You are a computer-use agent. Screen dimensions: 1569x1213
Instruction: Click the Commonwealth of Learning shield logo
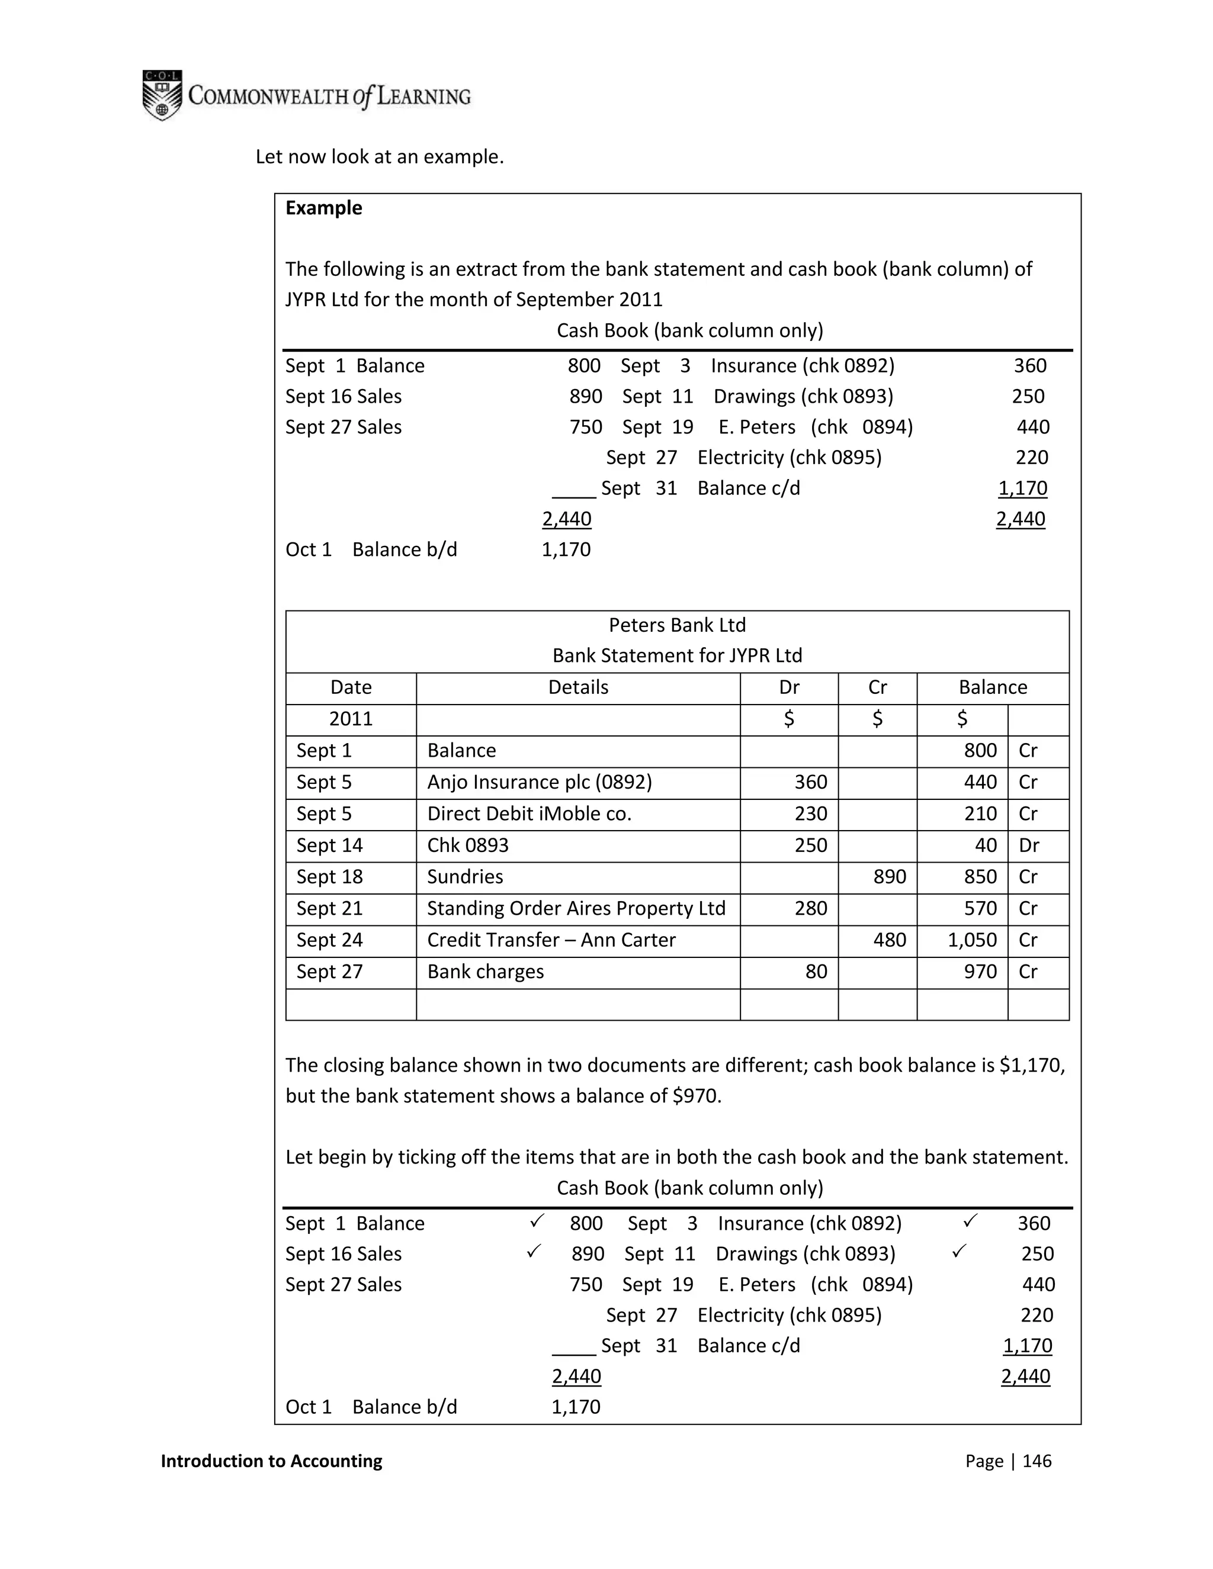tap(162, 95)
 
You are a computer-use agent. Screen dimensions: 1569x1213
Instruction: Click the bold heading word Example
tap(323, 208)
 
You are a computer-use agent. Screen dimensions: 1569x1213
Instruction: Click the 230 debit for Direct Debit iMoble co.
tap(811, 814)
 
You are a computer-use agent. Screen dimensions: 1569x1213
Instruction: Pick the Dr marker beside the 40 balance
tap(1028, 845)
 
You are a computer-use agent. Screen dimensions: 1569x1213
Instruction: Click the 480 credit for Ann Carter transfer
tap(889, 940)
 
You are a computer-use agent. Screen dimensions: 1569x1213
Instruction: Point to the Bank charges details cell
tap(485, 972)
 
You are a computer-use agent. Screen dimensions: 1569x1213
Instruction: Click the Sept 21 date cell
tap(329, 909)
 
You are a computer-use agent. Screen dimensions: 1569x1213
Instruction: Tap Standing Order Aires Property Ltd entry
tap(576, 909)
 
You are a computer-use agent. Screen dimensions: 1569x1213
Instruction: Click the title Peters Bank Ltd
tap(677, 625)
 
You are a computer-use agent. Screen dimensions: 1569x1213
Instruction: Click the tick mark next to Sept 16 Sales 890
tap(533, 1252)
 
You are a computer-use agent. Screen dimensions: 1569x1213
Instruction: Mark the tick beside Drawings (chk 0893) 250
tap(959, 1252)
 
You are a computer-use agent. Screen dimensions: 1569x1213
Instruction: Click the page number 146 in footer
tap(1036, 1461)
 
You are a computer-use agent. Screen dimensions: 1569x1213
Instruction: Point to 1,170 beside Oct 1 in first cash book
tap(566, 549)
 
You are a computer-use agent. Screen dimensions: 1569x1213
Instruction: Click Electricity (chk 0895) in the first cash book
tap(789, 458)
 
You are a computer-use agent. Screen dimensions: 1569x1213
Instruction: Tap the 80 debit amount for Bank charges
tap(816, 972)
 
